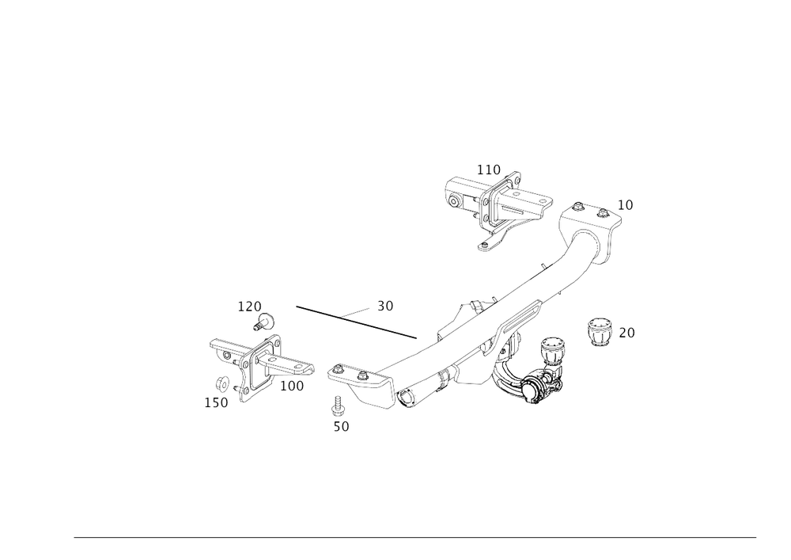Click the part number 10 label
click(x=626, y=205)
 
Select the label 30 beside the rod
click(x=386, y=304)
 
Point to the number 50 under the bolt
click(x=341, y=426)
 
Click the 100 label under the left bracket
click(x=293, y=386)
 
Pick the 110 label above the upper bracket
click(x=489, y=168)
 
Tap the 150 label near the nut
click(x=216, y=402)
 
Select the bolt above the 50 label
click(x=339, y=407)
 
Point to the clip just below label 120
click(x=267, y=321)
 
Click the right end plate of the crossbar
click(x=593, y=230)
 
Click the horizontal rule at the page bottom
click(x=415, y=536)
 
